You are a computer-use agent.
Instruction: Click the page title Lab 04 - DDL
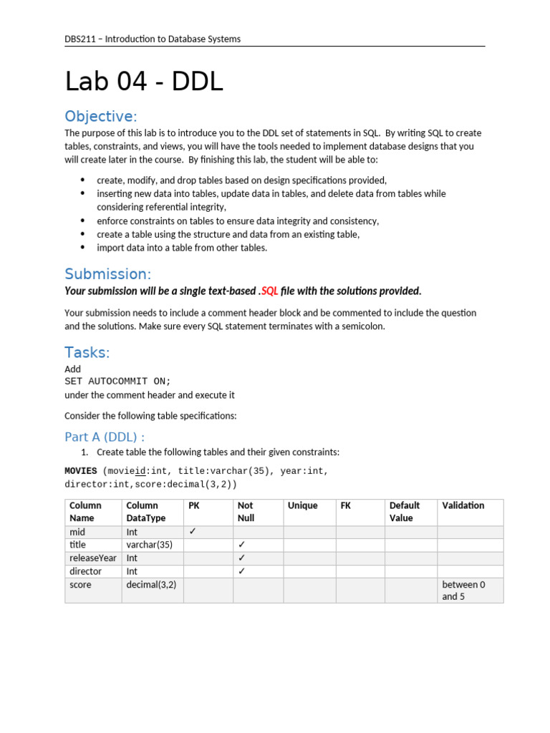click(x=144, y=82)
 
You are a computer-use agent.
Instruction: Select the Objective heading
click(x=100, y=117)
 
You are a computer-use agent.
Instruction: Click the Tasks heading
click(x=87, y=352)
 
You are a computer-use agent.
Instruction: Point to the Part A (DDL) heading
click(x=105, y=437)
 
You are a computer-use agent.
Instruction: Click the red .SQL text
click(x=269, y=291)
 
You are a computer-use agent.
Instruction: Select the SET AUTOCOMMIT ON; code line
click(x=118, y=382)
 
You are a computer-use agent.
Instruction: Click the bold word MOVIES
click(x=81, y=471)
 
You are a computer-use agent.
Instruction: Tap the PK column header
click(x=194, y=505)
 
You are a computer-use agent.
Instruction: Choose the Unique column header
click(x=302, y=505)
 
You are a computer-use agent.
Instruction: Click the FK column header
click(x=346, y=505)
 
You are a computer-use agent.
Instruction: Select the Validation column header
click(x=463, y=505)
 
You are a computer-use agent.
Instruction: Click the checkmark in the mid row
click(x=192, y=532)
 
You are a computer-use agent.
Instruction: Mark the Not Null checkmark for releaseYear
click(x=242, y=558)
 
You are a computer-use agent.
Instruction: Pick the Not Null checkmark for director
click(x=242, y=571)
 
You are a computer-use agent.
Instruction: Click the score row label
click(x=80, y=585)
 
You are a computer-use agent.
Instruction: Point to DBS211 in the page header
click(x=80, y=39)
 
